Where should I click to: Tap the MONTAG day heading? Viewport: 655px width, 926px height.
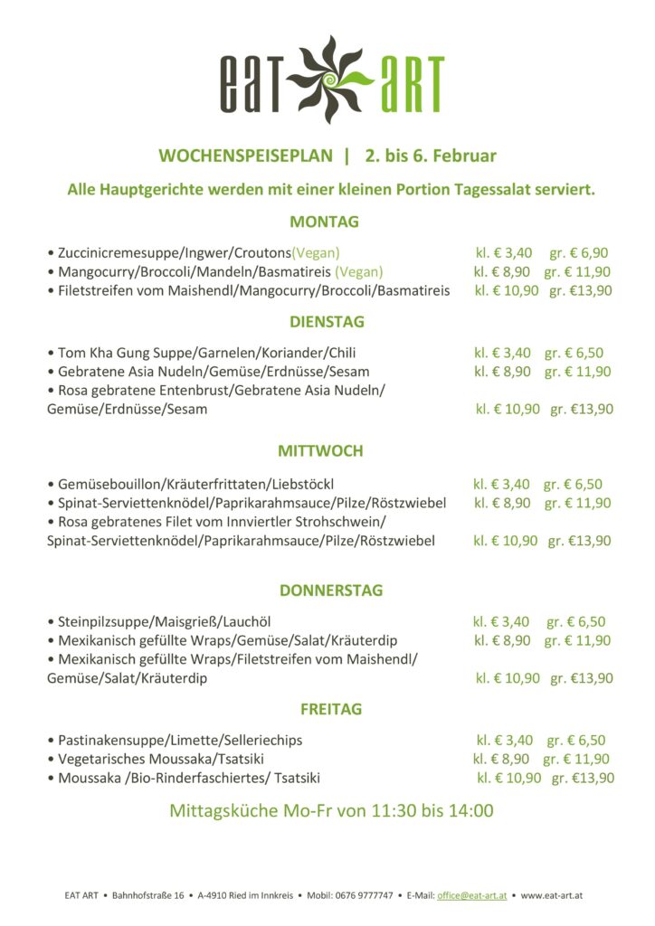324,222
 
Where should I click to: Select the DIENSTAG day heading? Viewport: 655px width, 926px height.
327,321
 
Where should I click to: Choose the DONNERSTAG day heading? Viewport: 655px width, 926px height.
331,591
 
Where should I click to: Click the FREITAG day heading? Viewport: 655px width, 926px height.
331,708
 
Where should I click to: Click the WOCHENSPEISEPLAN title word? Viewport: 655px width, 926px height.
245,156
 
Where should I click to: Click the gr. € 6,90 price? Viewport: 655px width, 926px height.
579,252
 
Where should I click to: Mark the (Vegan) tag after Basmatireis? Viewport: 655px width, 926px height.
359,271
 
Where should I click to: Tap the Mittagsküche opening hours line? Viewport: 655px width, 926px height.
331,810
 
